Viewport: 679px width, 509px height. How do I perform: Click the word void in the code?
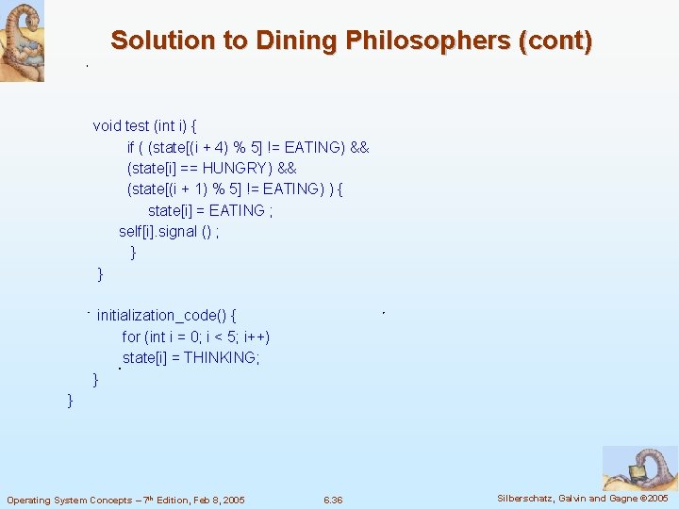(x=107, y=125)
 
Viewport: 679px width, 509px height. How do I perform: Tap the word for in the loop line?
(x=131, y=337)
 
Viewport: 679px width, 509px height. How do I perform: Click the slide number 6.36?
(x=332, y=500)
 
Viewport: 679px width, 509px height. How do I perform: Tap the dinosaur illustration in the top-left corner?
(x=22, y=41)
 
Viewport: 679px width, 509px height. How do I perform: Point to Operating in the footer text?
(x=28, y=500)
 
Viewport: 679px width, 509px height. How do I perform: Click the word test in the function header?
(x=136, y=125)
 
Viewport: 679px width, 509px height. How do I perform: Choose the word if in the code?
(x=131, y=147)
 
